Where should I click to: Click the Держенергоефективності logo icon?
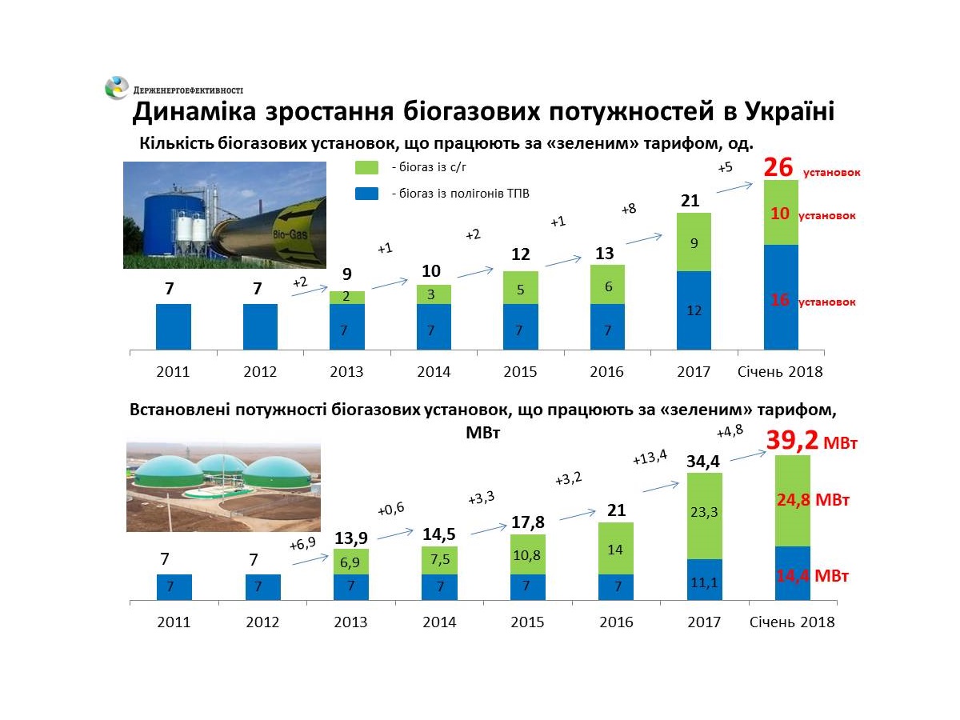pos(117,87)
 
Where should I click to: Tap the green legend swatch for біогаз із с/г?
pos(366,168)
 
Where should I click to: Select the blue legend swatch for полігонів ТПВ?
pos(366,193)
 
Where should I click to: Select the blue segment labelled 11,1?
pos(704,580)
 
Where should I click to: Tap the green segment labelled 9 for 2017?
pos(694,242)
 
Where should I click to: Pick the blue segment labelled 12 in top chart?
pos(694,310)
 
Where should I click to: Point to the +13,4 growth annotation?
pos(649,458)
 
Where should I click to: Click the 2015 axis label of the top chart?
pos(520,372)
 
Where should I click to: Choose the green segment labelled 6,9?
pos(352,562)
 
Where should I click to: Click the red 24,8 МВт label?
pos(812,501)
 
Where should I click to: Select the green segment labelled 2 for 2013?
pos(347,298)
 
